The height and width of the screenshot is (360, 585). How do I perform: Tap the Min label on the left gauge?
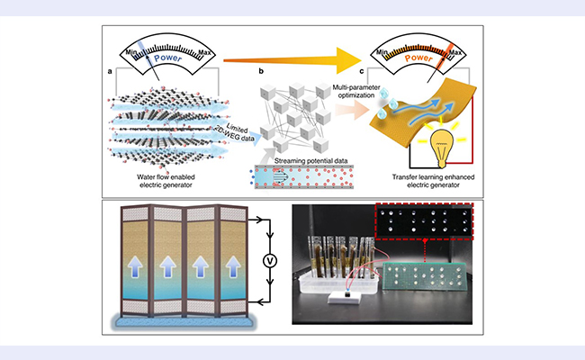133,48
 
